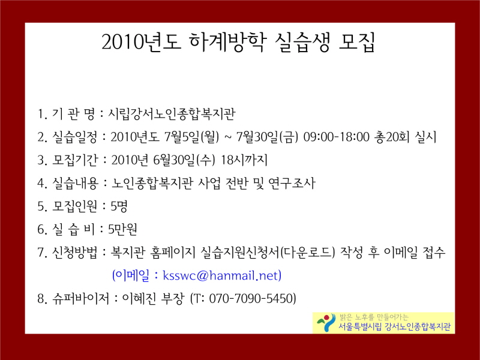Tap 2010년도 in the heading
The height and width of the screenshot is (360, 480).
142,42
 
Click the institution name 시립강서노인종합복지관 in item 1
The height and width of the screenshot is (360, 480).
172,114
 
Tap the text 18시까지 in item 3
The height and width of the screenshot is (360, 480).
244,160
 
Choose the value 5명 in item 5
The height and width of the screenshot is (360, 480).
118,206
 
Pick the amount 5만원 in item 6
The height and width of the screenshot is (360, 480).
122,229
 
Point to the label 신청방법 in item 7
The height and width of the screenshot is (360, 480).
75,253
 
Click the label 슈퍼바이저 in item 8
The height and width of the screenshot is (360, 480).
81,298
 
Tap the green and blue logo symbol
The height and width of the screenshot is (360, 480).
326,323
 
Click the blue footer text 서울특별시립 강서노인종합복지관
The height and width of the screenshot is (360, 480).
394,327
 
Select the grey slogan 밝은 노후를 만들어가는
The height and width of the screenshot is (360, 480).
374,317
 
